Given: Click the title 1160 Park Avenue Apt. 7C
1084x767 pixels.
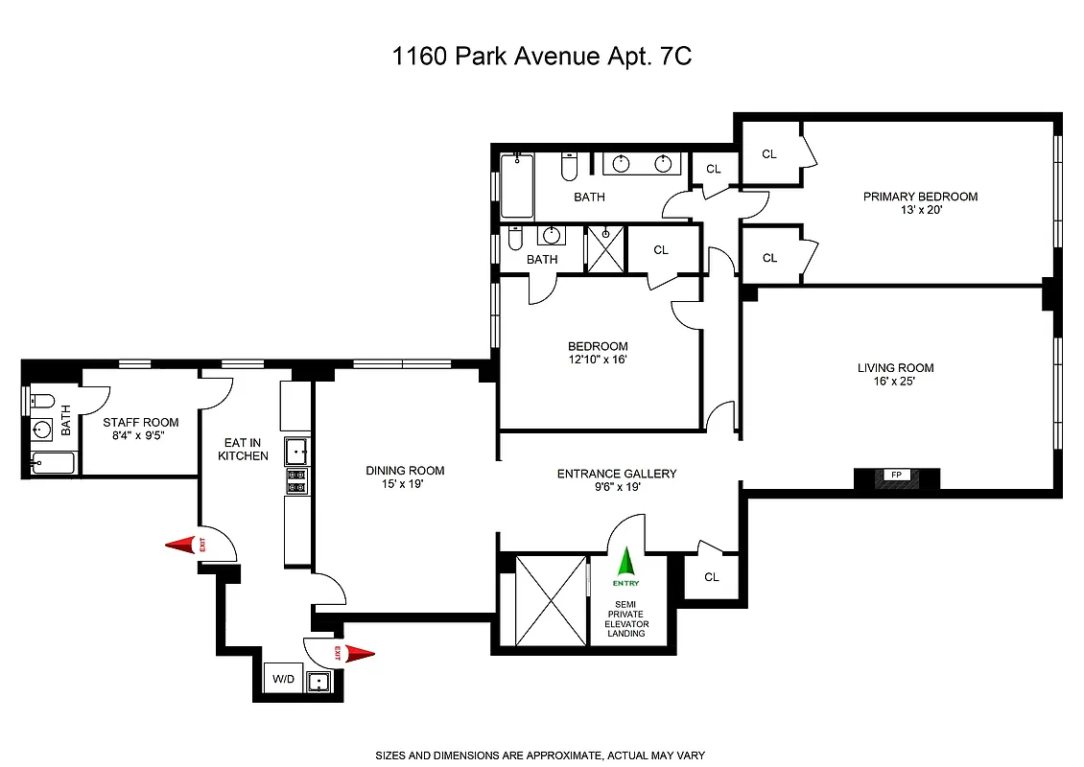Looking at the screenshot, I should tap(542, 57).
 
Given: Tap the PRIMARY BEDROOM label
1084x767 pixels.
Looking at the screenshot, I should tap(920, 197).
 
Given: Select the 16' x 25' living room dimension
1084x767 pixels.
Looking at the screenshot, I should tap(895, 382).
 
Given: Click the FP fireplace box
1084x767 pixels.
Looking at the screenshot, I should tap(896, 476).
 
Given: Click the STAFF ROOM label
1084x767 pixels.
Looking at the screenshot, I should tap(141, 422).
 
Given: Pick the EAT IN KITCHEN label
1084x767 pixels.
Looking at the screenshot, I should tap(243, 449).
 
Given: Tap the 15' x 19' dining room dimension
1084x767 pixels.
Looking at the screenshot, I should tap(405, 485).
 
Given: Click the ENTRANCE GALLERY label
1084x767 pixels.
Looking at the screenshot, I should tap(617, 474).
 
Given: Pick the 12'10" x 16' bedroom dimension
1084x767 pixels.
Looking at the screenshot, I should tap(598, 360).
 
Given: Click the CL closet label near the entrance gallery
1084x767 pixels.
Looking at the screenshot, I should tap(711, 577).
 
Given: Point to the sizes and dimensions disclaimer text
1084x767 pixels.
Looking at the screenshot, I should tap(542, 755).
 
